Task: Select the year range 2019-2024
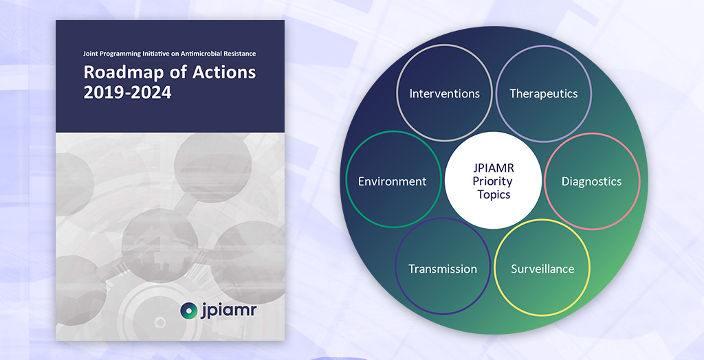point(127,93)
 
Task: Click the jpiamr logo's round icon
point(188,310)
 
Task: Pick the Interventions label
point(445,93)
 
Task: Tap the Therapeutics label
point(543,94)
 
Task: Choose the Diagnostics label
point(592,181)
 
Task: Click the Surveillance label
point(543,269)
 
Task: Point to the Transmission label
point(443,269)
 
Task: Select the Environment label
point(393,181)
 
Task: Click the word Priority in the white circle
point(493,182)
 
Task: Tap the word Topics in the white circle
point(494,195)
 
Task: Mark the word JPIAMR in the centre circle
point(494,168)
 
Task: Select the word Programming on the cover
point(118,54)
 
